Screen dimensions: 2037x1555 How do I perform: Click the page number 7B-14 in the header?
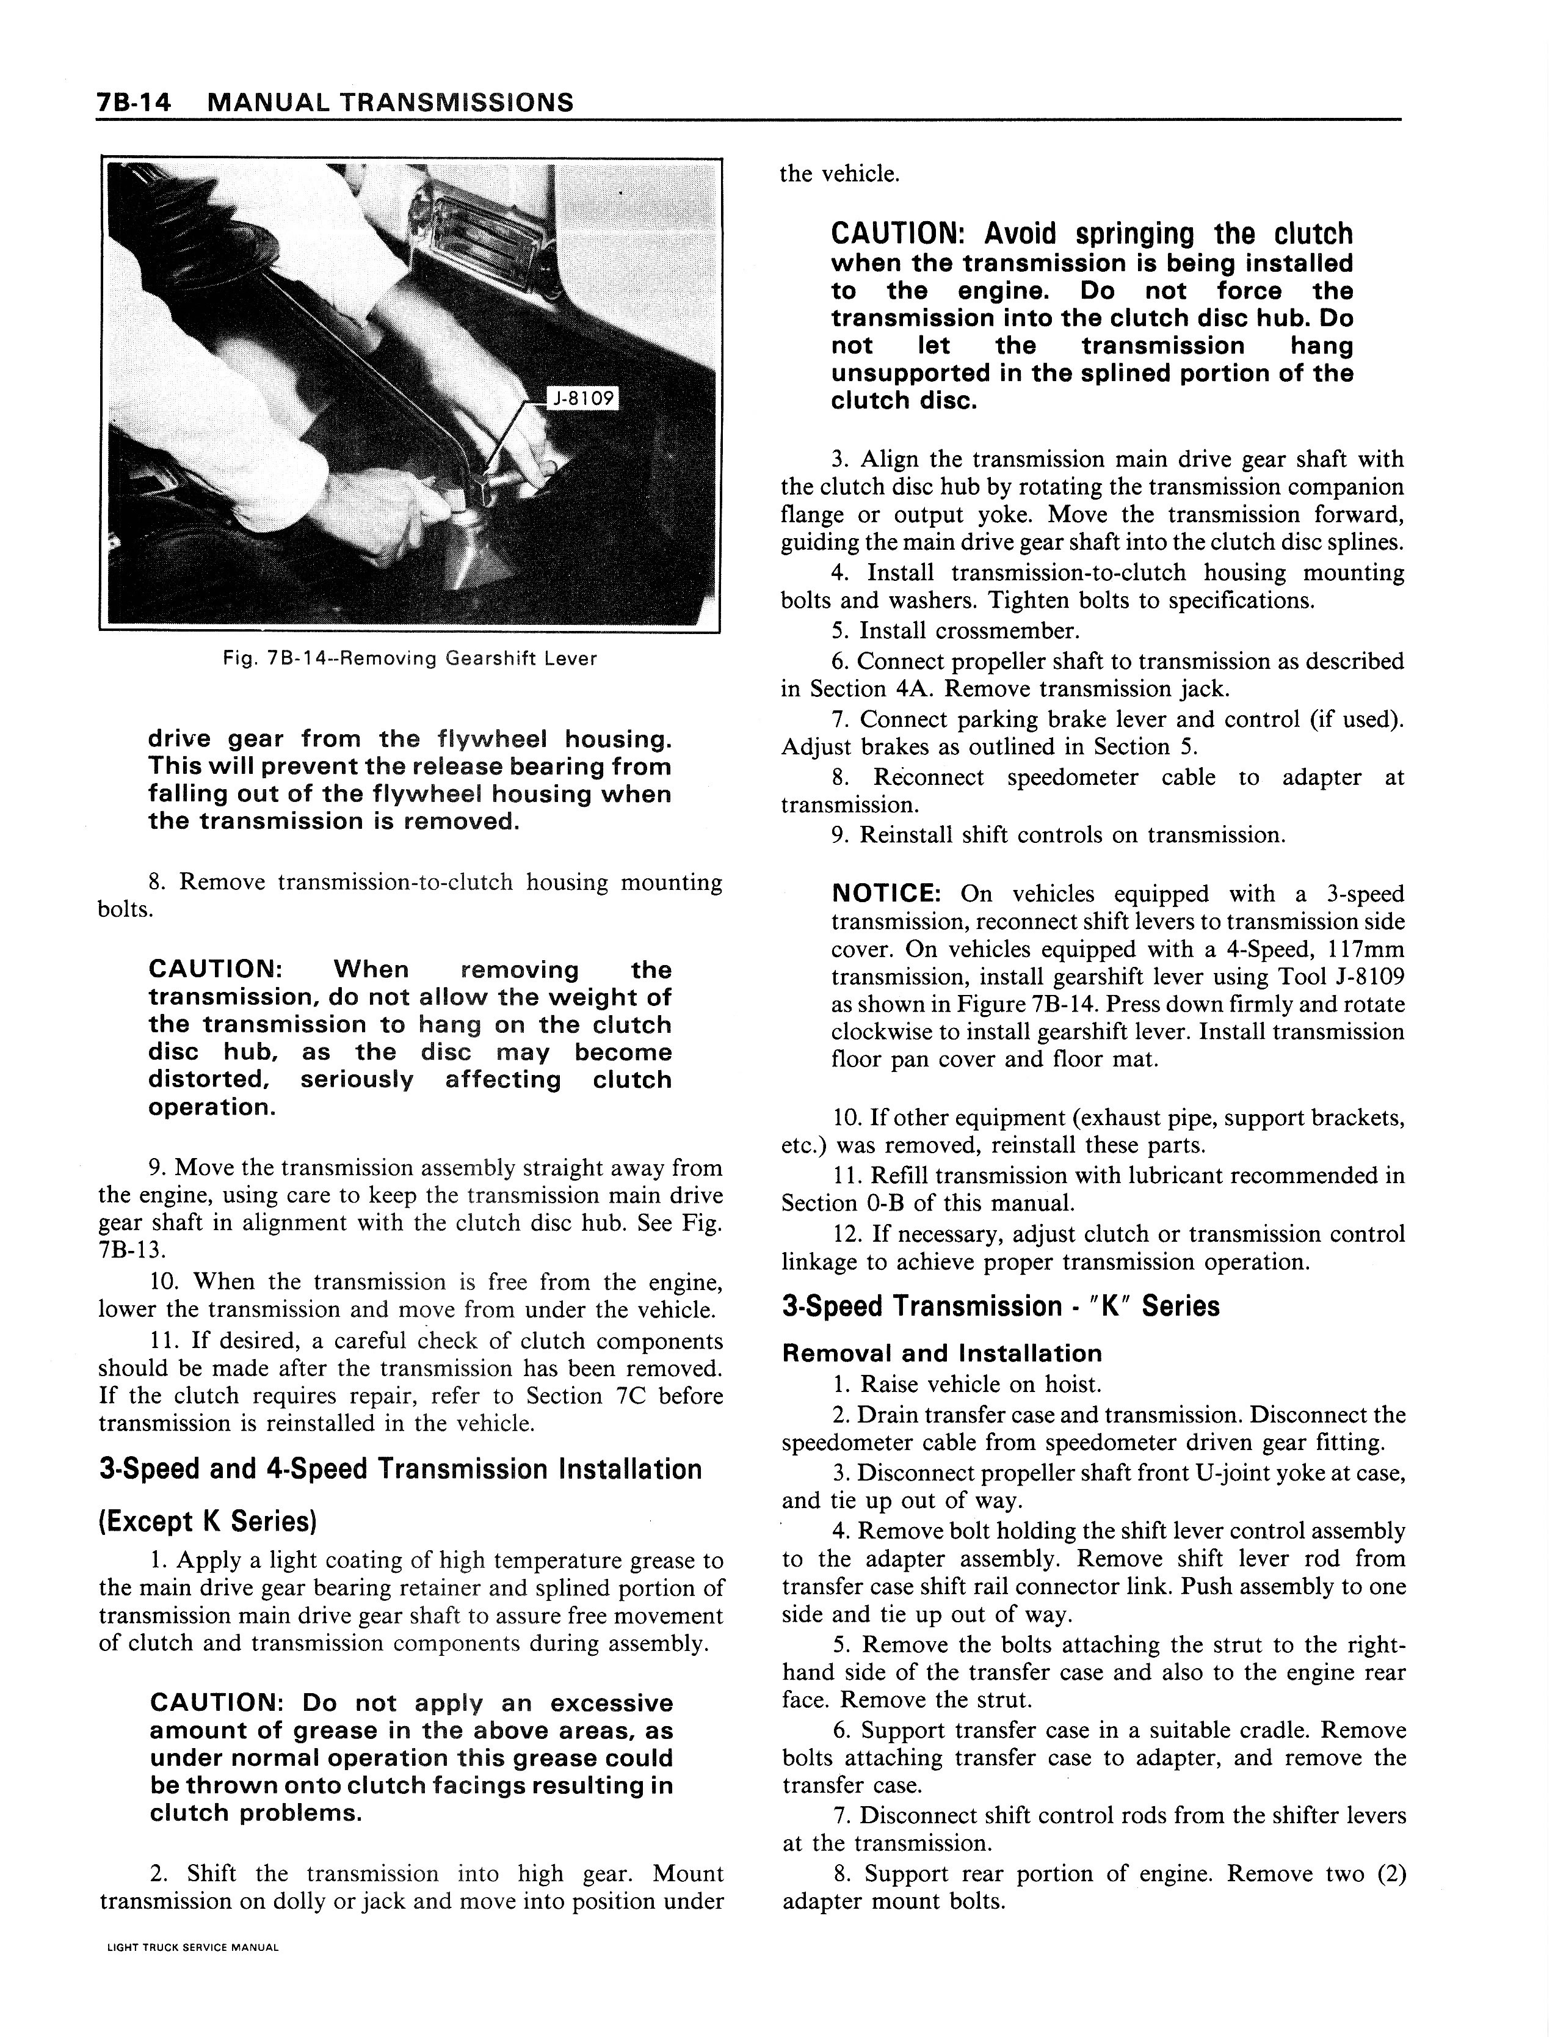pos(134,102)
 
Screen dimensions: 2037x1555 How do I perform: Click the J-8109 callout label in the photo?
pos(582,398)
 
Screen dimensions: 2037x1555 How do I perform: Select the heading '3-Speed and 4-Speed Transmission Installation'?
pos(400,1470)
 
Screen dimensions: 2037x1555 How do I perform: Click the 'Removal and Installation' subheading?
pos(942,1354)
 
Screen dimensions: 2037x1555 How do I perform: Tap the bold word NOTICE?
pos(886,894)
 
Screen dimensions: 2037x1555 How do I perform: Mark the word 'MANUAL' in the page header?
pos(267,102)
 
